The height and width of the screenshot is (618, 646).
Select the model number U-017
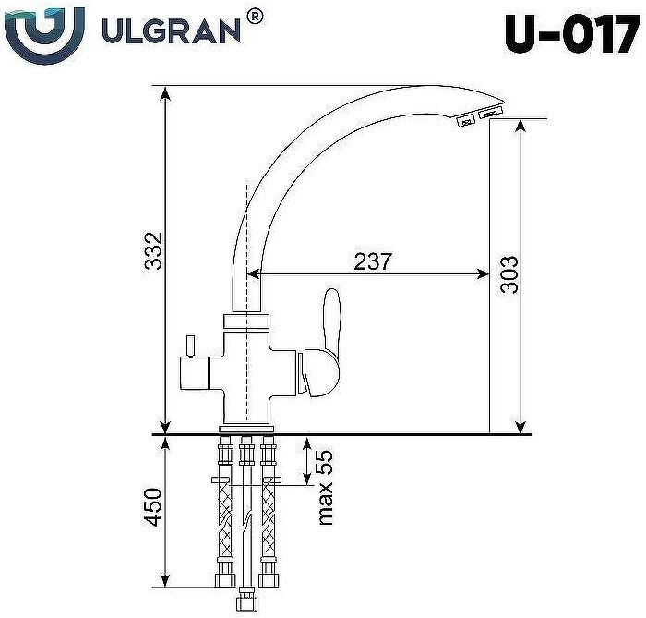pos(571,34)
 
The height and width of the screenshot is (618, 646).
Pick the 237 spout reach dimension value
pos(373,261)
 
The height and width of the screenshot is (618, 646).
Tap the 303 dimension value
pos(508,274)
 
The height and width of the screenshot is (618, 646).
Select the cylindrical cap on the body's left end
pos(195,376)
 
